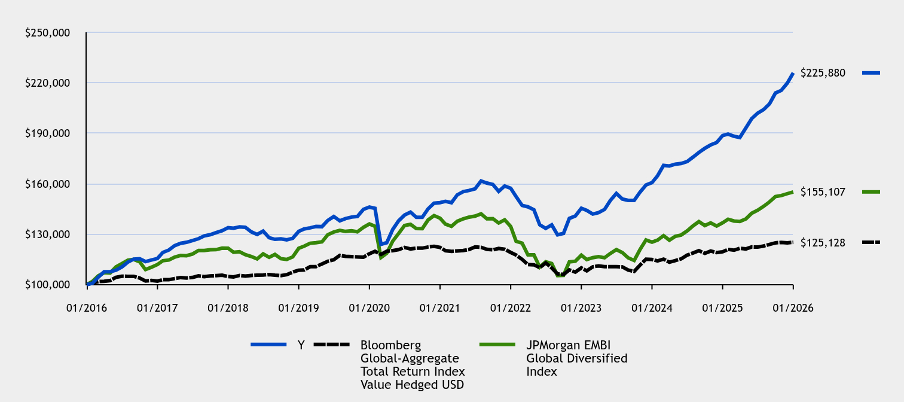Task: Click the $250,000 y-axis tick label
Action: (48, 32)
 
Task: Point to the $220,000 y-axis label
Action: (48, 83)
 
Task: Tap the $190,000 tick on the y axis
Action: (48, 133)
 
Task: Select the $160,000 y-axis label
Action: (48, 184)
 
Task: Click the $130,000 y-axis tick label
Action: (48, 234)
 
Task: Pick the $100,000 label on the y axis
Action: (48, 285)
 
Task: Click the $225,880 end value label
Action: (823, 73)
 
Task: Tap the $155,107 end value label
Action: (823, 192)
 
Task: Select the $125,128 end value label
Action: (823, 242)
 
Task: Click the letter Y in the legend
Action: (301, 345)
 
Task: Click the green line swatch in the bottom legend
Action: (498, 345)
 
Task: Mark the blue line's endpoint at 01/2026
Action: (793, 73)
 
